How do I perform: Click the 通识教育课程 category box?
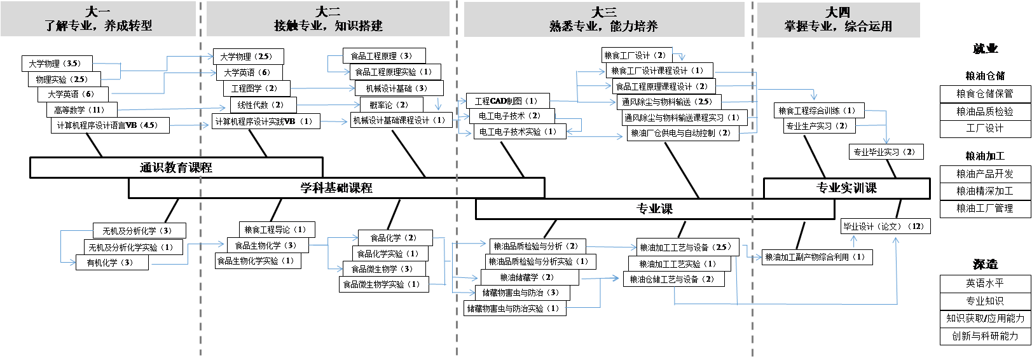[x=176, y=167]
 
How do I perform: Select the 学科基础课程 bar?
[x=336, y=188]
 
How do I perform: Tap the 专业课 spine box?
[x=655, y=209]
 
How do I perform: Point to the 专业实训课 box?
[x=847, y=188]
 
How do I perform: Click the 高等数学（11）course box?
[x=82, y=110]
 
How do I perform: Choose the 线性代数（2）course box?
[x=263, y=105]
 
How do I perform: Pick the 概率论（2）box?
[x=390, y=105]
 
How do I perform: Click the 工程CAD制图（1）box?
[x=507, y=101]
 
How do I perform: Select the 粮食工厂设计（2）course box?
[x=636, y=55]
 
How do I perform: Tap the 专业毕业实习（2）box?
[x=886, y=152]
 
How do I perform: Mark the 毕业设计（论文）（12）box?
[x=886, y=226]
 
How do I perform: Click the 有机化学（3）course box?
[x=112, y=263]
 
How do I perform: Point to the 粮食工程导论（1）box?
[x=277, y=230]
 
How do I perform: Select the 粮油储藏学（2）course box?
[x=530, y=277]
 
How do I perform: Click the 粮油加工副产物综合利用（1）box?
[x=817, y=257]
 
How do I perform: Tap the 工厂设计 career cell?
[x=985, y=128]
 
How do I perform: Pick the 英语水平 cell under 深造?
[x=985, y=284]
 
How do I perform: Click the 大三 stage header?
[x=604, y=19]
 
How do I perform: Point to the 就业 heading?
[x=985, y=49]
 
